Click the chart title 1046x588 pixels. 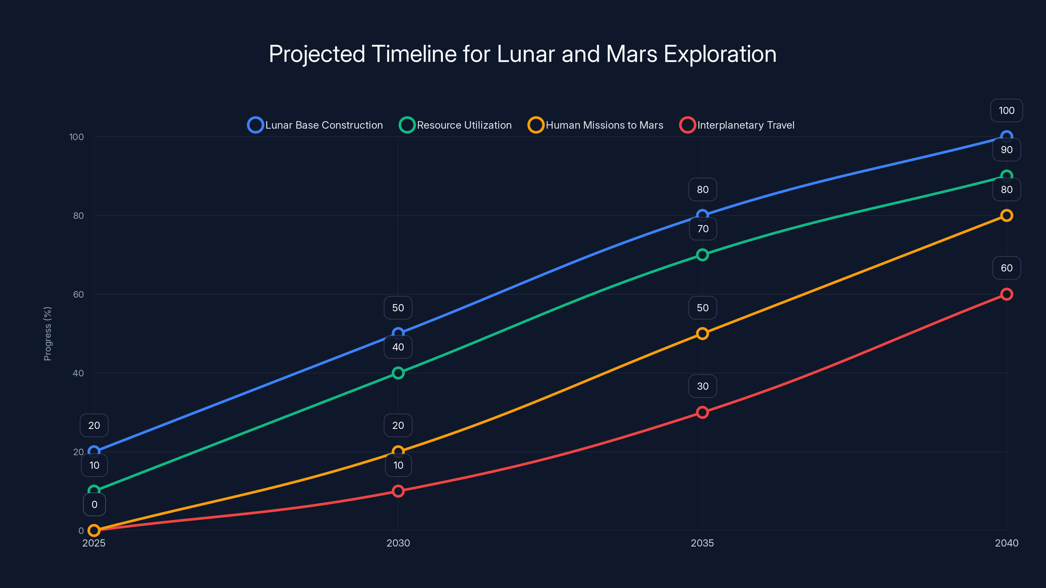coord(523,54)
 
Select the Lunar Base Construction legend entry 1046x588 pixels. coord(315,125)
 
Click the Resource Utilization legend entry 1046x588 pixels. coord(456,125)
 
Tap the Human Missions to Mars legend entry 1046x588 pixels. coord(596,125)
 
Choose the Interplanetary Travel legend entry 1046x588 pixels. coord(737,125)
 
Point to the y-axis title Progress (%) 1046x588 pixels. coord(47,334)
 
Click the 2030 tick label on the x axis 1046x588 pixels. coord(398,543)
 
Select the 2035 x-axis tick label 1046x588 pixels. coord(702,543)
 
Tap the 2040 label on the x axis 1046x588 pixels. coord(1006,543)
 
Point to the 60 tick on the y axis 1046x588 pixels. coord(78,295)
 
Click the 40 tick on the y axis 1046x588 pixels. coord(78,373)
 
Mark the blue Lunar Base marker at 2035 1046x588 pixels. coord(702,216)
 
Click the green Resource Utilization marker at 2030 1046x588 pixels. coord(398,373)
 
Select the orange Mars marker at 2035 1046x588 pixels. coord(702,334)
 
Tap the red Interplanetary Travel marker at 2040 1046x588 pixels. coord(1006,294)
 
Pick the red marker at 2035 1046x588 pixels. coord(702,412)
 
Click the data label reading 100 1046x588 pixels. coord(1006,110)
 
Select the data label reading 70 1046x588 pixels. coord(702,229)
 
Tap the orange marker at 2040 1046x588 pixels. coord(1006,216)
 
